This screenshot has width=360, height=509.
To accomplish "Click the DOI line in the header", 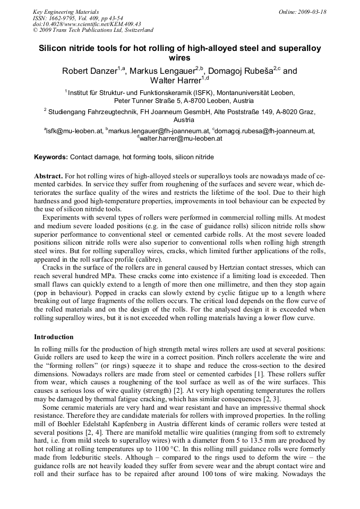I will (x=87, y=24).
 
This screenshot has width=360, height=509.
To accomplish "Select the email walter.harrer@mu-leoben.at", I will (x=181, y=139).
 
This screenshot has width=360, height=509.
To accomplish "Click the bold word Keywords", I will (x=51, y=157).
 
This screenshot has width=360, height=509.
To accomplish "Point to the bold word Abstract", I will (x=48, y=176).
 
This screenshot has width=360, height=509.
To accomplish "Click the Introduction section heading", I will (x=54, y=337).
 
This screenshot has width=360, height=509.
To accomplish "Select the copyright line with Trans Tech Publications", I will (x=93, y=30).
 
